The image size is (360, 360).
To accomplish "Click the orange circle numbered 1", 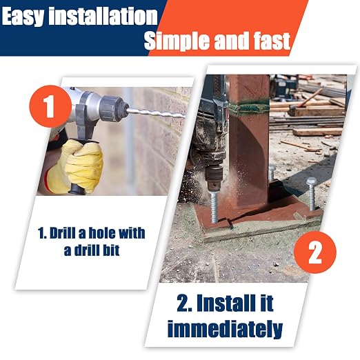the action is click(50, 106).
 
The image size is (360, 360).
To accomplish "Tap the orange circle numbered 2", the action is click(315, 252).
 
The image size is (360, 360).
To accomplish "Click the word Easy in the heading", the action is click(23, 17).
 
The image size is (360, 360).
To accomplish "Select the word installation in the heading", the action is click(103, 16).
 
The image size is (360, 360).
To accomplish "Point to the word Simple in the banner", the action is click(177, 41).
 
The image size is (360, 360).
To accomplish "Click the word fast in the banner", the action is click(272, 41).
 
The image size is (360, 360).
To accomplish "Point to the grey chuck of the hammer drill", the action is click(112, 108).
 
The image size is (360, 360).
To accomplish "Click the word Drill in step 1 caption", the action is click(63, 233).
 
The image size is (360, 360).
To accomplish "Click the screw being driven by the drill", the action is click(214, 209).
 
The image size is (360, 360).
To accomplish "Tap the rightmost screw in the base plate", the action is click(311, 194).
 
